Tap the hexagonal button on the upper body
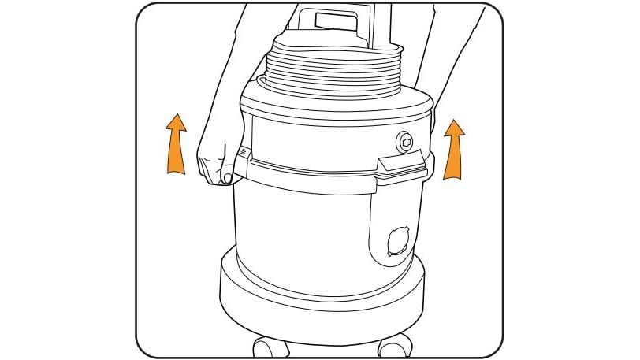pos(405,142)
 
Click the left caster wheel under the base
pos(270,346)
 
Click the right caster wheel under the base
pos(394,345)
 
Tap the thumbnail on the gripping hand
pos(227,179)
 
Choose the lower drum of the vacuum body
pos(307,228)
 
